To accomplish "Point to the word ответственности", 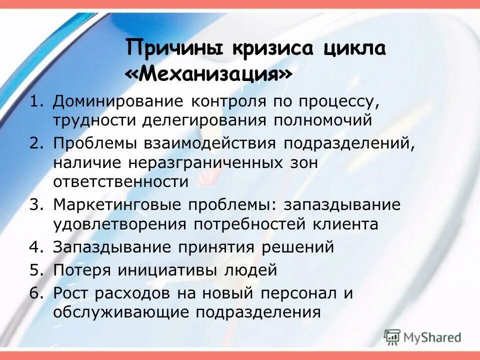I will [121, 181].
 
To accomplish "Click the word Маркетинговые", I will [117, 205].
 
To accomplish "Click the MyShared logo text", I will [433, 337].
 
